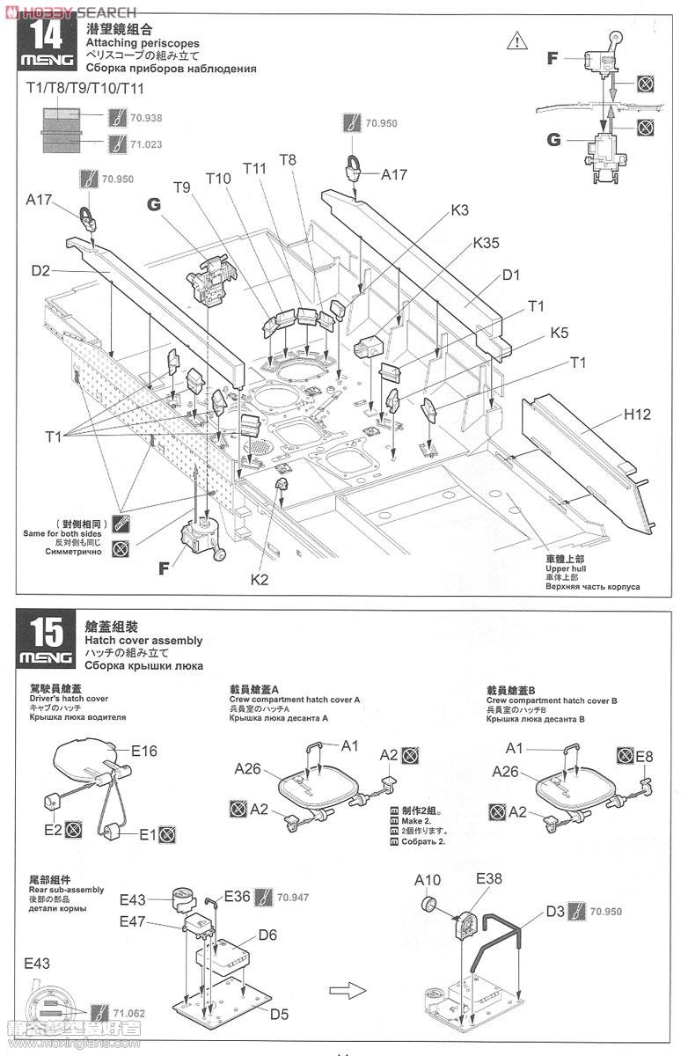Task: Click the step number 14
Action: coord(46,37)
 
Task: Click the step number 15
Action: coord(46,631)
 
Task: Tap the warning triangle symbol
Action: coord(517,40)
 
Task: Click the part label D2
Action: coord(40,270)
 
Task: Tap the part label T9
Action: coord(182,187)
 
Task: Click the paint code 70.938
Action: coord(146,117)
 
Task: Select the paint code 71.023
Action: coord(146,143)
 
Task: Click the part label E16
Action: coord(144,751)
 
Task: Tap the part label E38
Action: coord(489,878)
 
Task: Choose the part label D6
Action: coord(267,935)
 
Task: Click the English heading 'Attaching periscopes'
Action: coord(143,43)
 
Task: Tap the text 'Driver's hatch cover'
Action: coord(70,699)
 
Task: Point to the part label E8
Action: coord(644,756)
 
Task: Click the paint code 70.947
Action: coord(292,898)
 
